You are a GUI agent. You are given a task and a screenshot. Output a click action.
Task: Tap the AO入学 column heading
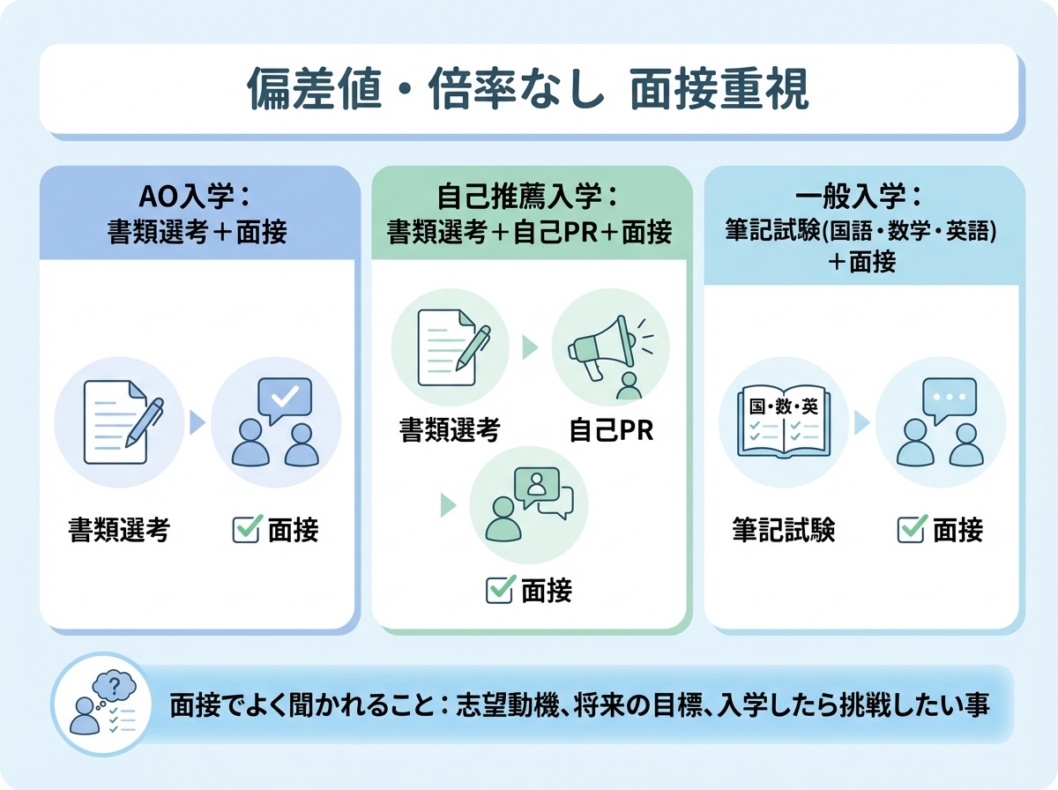click(x=197, y=212)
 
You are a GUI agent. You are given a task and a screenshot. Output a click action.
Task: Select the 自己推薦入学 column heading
click(x=529, y=212)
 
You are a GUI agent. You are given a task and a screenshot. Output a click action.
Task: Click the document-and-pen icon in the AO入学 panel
click(x=120, y=422)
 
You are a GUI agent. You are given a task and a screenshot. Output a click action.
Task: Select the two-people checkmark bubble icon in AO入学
click(x=275, y=422)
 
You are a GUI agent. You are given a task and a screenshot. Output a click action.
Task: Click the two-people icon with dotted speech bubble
click(x=940, y=422)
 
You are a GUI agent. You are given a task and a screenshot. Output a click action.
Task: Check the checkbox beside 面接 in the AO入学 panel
click(x=245, y=530)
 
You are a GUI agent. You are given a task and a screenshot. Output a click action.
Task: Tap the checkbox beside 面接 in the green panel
click(x=499, y=589)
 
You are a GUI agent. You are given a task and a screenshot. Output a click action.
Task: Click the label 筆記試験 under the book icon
click(x=783, y=531)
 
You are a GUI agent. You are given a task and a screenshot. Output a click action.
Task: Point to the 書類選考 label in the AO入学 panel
click(x=119, y=531)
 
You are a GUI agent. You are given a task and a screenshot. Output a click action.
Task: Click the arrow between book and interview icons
click(x=861, y=423)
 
